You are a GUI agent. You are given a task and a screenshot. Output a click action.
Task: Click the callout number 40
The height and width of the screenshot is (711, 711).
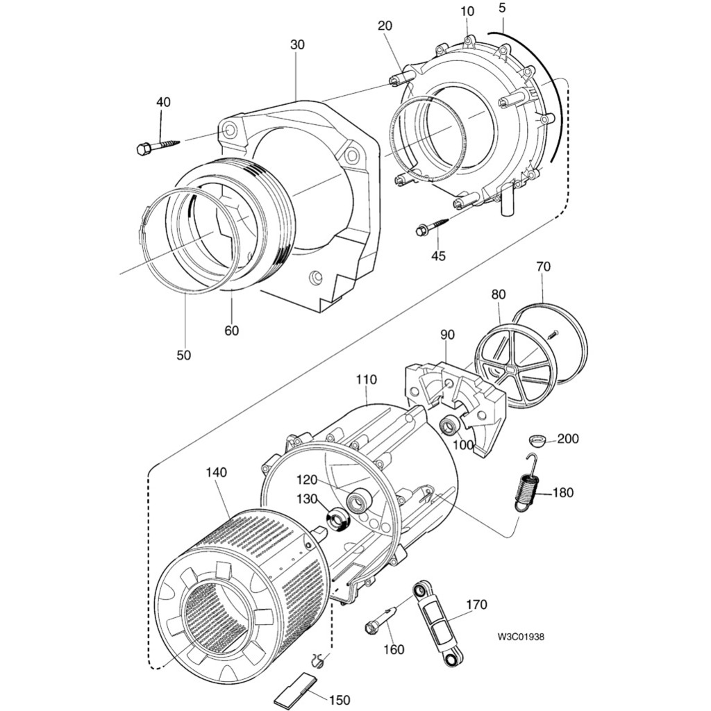[x=163, y=102]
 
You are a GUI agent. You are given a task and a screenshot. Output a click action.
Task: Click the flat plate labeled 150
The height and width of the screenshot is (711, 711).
[x=292, y=692]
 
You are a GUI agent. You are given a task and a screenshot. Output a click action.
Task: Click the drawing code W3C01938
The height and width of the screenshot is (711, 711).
[x=521, y=637]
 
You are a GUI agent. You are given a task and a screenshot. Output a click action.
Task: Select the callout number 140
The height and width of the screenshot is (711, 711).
[x=217, y=472]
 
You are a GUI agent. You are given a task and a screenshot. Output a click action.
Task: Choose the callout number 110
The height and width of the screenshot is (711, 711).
[x=366, y=380]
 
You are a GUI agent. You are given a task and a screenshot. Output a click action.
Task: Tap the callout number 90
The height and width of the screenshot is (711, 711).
[x=447, y=335]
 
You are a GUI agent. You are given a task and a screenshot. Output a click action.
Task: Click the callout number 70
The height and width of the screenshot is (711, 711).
[x=544, y=265]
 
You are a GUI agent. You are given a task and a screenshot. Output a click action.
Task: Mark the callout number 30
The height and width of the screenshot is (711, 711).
[x=297, y=44]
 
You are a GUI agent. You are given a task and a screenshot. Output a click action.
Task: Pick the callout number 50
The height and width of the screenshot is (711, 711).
[x=183, y=355]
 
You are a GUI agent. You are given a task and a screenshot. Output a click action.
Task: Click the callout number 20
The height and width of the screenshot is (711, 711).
[x=385, y=26]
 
